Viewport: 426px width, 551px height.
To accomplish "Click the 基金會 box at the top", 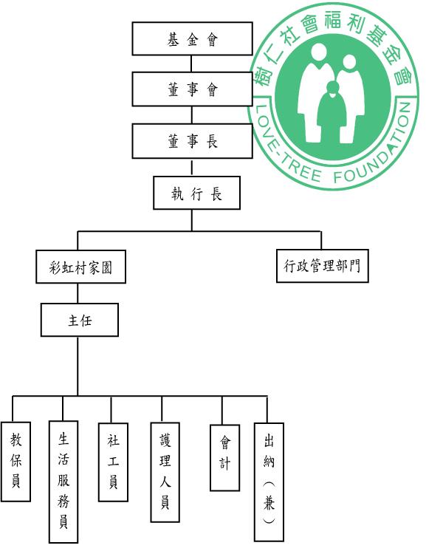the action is pos(192,38).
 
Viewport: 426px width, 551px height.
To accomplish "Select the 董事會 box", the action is pos(192,89).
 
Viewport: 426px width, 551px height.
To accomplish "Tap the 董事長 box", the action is pos(192,141).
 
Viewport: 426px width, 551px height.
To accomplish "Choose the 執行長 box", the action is pos(196,193).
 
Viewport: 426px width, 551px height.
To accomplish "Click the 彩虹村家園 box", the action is pos(80,267).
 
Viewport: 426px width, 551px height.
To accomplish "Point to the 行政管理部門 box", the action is pos(323,266).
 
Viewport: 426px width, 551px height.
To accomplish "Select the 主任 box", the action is pos(80,320).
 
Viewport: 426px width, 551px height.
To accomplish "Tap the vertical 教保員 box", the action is pos(16,462).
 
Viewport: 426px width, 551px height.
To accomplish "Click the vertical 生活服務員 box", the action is pos(63,482).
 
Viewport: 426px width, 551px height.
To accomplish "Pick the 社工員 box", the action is pos(113,462).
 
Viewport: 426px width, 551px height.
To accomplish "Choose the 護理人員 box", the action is pos(165,472).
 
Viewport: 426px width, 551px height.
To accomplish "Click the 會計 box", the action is pos(224,457).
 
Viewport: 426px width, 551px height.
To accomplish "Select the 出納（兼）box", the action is pos(269,482).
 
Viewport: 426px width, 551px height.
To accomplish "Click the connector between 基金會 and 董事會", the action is pos(191,64).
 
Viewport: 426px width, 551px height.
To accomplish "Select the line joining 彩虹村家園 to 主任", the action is pos(78,293).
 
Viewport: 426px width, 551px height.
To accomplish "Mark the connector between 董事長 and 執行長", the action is pos(192,167).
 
